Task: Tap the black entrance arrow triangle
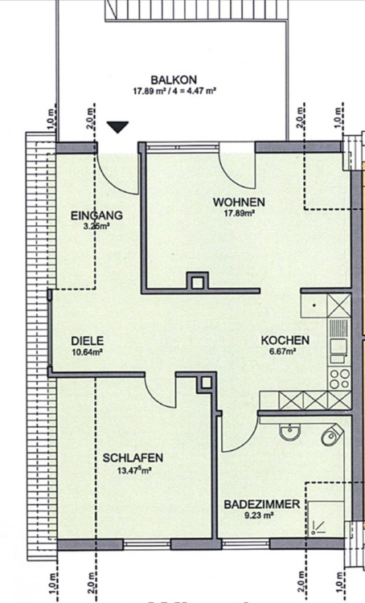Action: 118,126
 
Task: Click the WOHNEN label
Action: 239,202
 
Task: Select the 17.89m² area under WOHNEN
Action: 239,214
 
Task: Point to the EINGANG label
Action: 96,215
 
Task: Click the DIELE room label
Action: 87,340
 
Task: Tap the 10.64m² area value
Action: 87,352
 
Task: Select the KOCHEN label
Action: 279,340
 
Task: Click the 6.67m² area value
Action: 280,352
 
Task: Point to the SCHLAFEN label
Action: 133,458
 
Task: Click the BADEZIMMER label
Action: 262,504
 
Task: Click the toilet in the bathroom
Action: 330,437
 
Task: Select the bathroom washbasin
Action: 289,433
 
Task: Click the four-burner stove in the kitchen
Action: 339,378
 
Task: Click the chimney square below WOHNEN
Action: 196,281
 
